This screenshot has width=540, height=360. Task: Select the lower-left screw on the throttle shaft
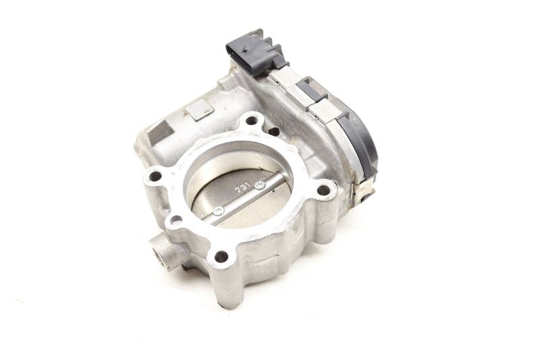(x=218, y=211)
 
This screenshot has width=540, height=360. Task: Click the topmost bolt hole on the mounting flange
(x=252, y=121)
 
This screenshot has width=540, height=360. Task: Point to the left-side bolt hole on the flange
(x=155, y=176)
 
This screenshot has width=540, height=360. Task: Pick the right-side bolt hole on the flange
(x=323, y=190)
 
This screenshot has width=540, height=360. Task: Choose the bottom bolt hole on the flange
(x=221, y=256)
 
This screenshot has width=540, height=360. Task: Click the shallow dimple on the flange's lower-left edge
(x=176, y=219)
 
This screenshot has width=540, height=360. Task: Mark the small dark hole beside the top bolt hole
(x=273, y=131)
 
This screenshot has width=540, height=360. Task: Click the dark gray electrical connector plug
(x=256, y=51)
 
